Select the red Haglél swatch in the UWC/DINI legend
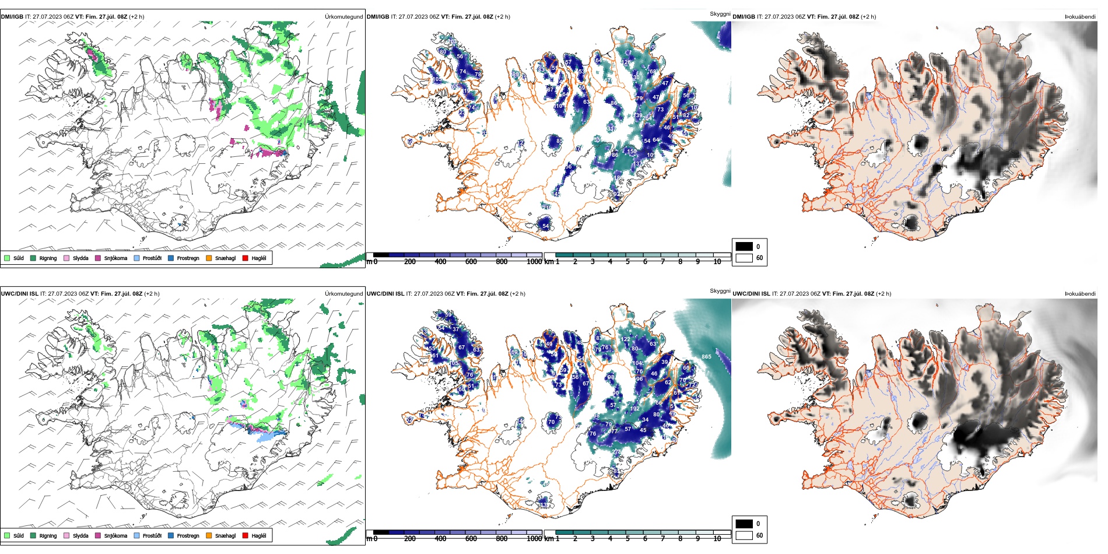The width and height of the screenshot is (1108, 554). pyautogui.click(x=246, y=535)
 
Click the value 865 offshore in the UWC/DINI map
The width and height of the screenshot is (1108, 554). pyautogui.click(x=706, y=357)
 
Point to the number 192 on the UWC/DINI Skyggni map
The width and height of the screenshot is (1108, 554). pyautogui.click(x=634, y=409)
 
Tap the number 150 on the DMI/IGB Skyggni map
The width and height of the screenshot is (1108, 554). pyautogui.click(x=632, y=152)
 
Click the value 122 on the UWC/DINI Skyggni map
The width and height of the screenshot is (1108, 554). pyautogui.click(x=626, y=339)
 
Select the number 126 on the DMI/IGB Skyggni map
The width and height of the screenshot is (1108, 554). pyautogui.click(x=626, y=62)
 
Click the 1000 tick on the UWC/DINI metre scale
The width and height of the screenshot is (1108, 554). pyautogui.click(x=534, y=539)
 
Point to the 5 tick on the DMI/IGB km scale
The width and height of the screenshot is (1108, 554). pyautogui.click(x=627, y=262)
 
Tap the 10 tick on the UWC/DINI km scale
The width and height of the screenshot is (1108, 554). pyautogui.click(x=717, y=539)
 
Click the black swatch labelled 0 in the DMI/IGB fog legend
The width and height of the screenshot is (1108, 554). pyautogui.click(x=744, y=247)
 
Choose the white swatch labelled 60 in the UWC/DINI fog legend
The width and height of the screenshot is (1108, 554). pyautogui.click(x=744, y=535)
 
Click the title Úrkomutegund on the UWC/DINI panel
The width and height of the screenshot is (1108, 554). pyautogui.click(x=343, y=294)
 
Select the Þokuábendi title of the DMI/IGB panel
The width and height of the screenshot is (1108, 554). pyautogui.click(x=1080, y=17)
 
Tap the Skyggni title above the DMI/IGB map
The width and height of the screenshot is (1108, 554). pyautogui.click(x=720, y=14)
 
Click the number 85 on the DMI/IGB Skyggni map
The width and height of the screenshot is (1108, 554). pyautogui.click(x=559, y=141)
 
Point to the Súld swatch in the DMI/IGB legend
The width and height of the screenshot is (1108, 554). pyautogui.click(x=7, y=258)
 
